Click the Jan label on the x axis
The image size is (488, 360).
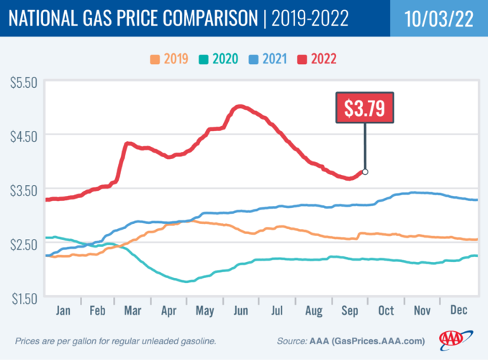(x=63, y=310)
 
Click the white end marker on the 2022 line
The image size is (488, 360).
(x=365, y=171)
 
